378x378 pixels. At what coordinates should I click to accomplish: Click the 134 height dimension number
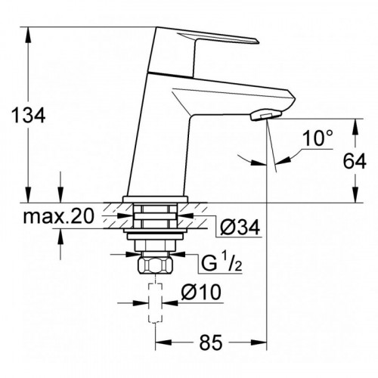point(29,116)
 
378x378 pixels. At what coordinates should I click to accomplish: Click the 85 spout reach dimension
point(211,342)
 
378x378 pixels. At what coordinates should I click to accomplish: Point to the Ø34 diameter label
point(240,228)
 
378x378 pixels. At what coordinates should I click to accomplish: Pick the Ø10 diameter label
point(201,292)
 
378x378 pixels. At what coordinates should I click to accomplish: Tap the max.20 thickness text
point(58,216)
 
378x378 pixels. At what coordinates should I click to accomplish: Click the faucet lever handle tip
point(256,41)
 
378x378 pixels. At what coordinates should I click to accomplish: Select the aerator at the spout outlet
point(265,115)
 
